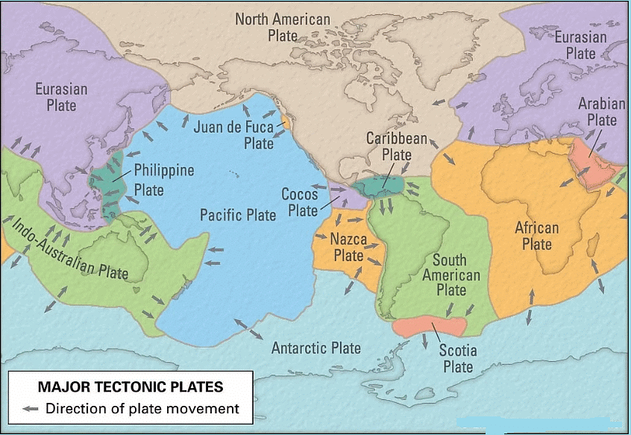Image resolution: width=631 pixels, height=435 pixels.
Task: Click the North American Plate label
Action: (x=283, y=27)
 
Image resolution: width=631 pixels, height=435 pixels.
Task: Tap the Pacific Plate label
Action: (x=238, y=215)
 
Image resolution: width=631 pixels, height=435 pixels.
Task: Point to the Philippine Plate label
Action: (x=163, y=180)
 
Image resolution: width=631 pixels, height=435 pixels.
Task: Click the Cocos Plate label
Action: (x=300, y=202)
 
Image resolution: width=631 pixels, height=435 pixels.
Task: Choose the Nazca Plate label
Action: (x=348, y=248)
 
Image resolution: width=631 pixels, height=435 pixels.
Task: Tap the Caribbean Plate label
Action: (x=396, y=146)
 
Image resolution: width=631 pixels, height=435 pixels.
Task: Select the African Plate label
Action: (x=536, y=236)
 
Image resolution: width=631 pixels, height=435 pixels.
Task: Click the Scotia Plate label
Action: (x=457, y=358)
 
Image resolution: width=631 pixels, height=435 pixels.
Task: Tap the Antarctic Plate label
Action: (x=315, y=348)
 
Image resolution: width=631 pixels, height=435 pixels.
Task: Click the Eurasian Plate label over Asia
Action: (x=61, y=97)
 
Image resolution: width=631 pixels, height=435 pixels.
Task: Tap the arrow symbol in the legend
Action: (x=31, y=409)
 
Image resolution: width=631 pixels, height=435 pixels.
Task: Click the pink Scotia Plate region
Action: (x=430, y=325)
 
